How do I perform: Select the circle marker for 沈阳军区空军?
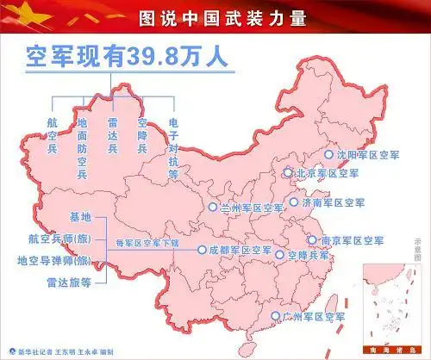(328, 154)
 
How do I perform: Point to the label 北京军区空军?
(327, 173)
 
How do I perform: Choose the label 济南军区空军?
(333, 203)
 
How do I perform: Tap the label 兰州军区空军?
(252, 208)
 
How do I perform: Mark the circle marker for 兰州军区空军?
(213, 208)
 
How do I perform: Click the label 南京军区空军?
(352, 240)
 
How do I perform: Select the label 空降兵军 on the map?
(309, 256)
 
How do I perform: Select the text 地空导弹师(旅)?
(53, 260)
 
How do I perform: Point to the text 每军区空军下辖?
(147, 244)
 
